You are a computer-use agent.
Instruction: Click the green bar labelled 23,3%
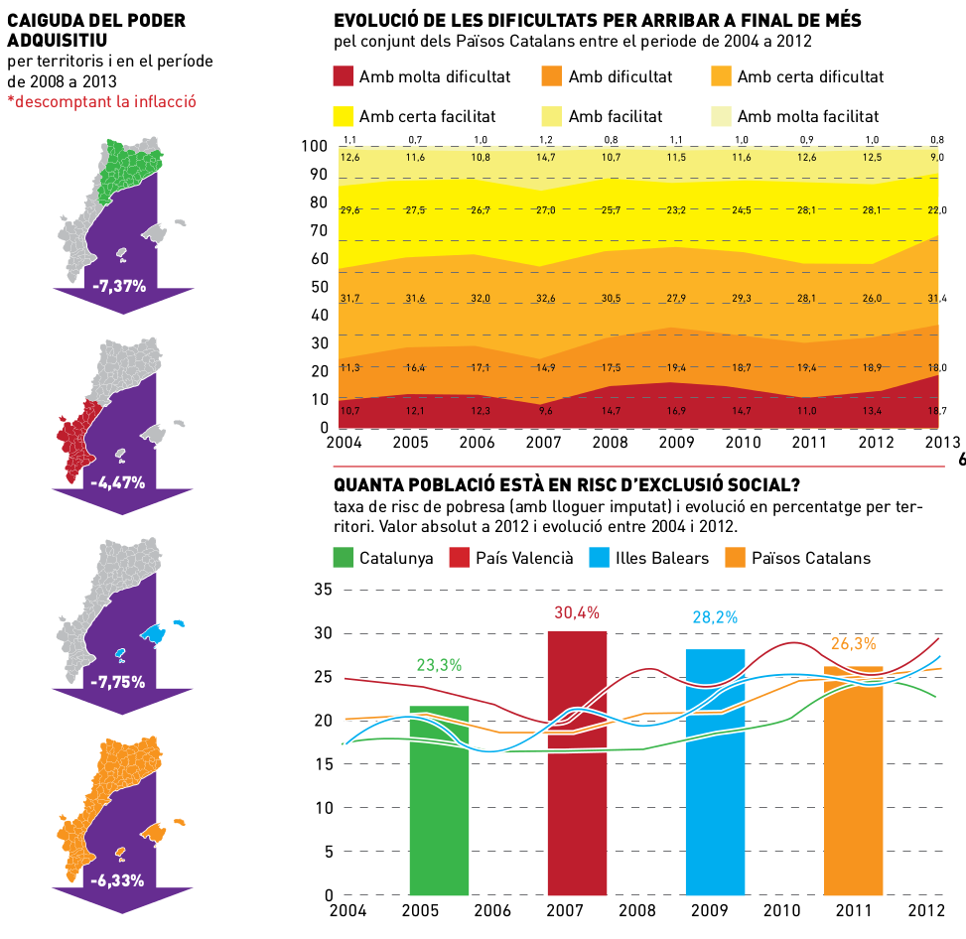tap(439, 800)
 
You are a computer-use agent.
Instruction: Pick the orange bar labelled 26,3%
tap(853, 780)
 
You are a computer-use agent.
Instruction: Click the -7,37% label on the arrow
tap(119, 286)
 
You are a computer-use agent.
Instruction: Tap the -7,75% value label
tap(119, 682)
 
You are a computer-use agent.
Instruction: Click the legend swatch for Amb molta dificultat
tap(343, 76)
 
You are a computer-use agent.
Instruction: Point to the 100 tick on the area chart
tap(314, 146)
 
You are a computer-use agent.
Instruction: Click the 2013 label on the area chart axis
tap(941, 442)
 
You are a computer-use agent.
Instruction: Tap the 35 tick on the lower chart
tap(323, 590)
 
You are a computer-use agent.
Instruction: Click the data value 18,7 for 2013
tap(936, 410)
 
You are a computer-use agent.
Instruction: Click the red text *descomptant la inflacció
tap(101, 100)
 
